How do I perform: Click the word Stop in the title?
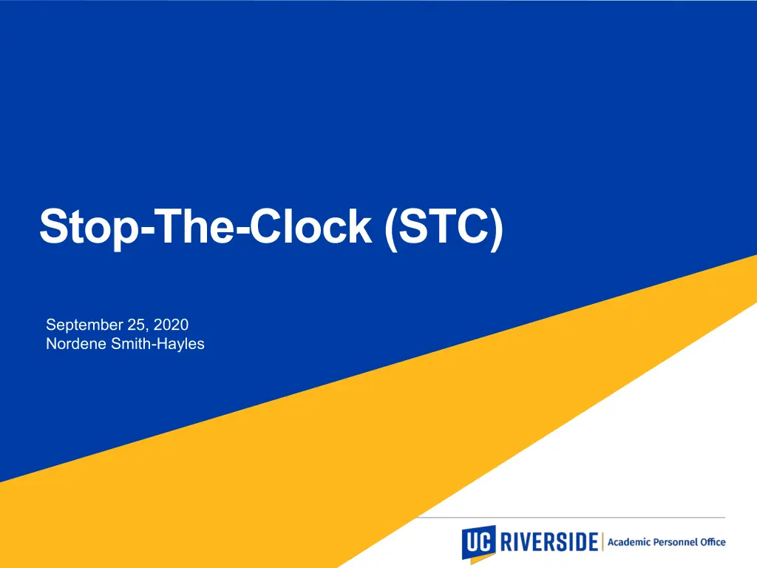(89, 228)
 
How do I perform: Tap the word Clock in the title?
(311, 226)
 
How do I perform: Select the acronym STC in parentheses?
(444, 226)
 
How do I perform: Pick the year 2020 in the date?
(171, 325)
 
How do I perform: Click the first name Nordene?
(76, 343)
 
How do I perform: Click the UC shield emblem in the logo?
(478, 544)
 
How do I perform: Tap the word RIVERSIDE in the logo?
(549, 542)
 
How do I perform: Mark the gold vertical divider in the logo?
(602, 541)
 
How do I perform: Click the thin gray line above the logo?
(571, 517)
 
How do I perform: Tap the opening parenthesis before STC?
(391, 229)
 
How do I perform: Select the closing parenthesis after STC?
(497, 229)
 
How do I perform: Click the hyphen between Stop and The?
(146, 231)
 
